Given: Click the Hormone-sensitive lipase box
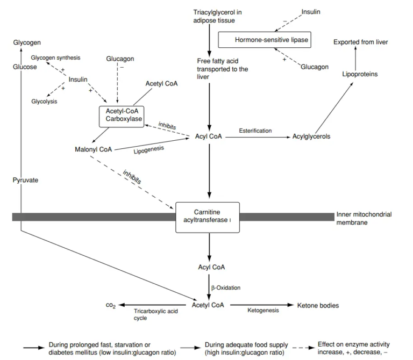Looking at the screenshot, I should pos(266,40).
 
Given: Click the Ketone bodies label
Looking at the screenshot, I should pos(318,305).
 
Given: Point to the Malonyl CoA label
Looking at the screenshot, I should pos(94,149).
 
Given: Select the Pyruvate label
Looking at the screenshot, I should pos(25,180).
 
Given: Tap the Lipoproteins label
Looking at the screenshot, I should pos(360,74).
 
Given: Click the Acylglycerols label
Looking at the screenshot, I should pos(311,136).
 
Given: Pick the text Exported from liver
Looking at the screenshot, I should pos(360,42).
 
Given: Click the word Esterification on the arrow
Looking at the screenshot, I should pos(255,131).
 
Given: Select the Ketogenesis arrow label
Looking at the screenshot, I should pos(262,310).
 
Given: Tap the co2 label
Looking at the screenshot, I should pos(111,305).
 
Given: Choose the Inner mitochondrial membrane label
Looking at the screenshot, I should pos(364,218).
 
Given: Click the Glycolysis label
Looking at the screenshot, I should pos(44,101).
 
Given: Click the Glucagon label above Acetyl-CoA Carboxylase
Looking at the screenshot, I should pos(120,59).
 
